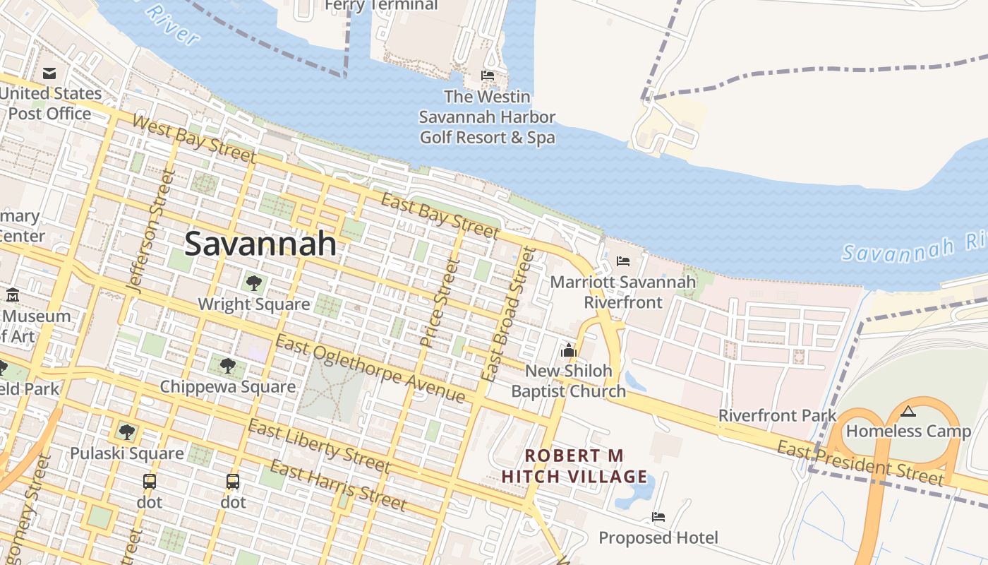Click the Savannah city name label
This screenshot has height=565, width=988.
[x=260, y=244]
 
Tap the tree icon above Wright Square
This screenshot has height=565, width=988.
[x=254, y=283]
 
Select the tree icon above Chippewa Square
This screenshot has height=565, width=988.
[x=227, y=365]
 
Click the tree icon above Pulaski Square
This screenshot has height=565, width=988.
[x=126, y=432]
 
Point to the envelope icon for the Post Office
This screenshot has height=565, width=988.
[x=49, y=73]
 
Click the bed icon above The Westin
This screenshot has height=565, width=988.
[x=487, y=76]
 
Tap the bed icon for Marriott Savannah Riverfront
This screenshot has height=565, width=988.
[x=622, y=261]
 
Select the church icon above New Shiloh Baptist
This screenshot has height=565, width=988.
[x=568, y=350]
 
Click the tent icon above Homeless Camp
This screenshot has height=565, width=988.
[x=908, y=411]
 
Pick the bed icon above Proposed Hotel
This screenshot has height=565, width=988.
[x=658, y=517]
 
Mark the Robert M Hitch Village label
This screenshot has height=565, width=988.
[x=574, y=466]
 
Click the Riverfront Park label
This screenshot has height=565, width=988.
[x=777, y=415]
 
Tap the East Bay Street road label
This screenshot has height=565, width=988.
[x=440, y=215]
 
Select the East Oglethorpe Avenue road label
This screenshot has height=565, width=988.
[x=370, y=369]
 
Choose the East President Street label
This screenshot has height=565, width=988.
[x=860, y=463]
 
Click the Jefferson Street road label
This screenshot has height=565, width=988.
[x=149, y=230]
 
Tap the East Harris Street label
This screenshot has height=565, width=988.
[x=338, y=485]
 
